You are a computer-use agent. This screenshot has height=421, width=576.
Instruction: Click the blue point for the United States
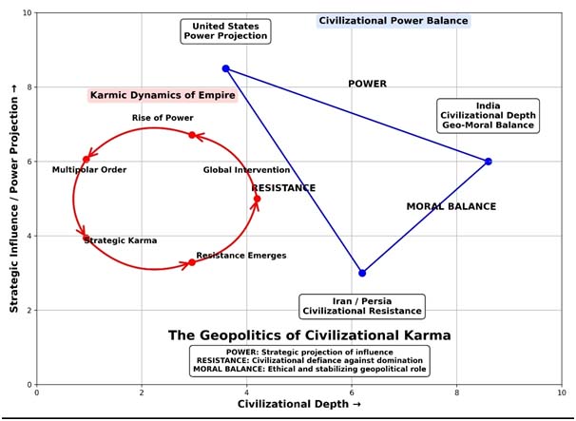click(x=225, y=68)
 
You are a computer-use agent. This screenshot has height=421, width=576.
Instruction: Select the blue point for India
click(x=488, y=162)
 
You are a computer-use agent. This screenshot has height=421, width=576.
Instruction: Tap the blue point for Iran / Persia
click(x=362, y=273)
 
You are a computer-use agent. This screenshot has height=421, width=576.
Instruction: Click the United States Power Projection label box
click(x=225, y=31)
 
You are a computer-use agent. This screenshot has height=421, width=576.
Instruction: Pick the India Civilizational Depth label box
click(x=488, y=115)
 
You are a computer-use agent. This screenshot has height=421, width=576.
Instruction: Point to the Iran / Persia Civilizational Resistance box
click(x=361, y=306)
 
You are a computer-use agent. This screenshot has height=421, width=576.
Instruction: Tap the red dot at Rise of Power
click(x=192, y=135)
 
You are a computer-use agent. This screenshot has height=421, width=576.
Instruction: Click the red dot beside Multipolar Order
click(x=86, y=159)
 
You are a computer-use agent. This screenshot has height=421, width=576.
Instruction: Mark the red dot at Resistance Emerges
click(x=191, y=262)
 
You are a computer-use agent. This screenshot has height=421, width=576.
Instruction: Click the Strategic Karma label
click(x=121, y=240)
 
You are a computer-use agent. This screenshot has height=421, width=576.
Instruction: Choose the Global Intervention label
click(x=246, y=170)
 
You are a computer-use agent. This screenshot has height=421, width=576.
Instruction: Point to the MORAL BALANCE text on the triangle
click(x=451, y=206)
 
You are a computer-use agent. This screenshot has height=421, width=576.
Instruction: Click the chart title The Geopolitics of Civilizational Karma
click(x=309, y=335)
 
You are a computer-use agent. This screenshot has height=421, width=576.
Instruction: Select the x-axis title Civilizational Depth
click(x=298, y=405)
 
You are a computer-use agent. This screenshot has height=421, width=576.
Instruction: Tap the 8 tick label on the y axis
click(x=28, y=87)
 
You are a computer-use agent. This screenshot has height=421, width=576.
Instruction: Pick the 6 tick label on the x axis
click(x=352, y=392)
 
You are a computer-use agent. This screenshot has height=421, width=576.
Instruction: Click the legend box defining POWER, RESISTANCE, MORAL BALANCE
click(x=310, y=360)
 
